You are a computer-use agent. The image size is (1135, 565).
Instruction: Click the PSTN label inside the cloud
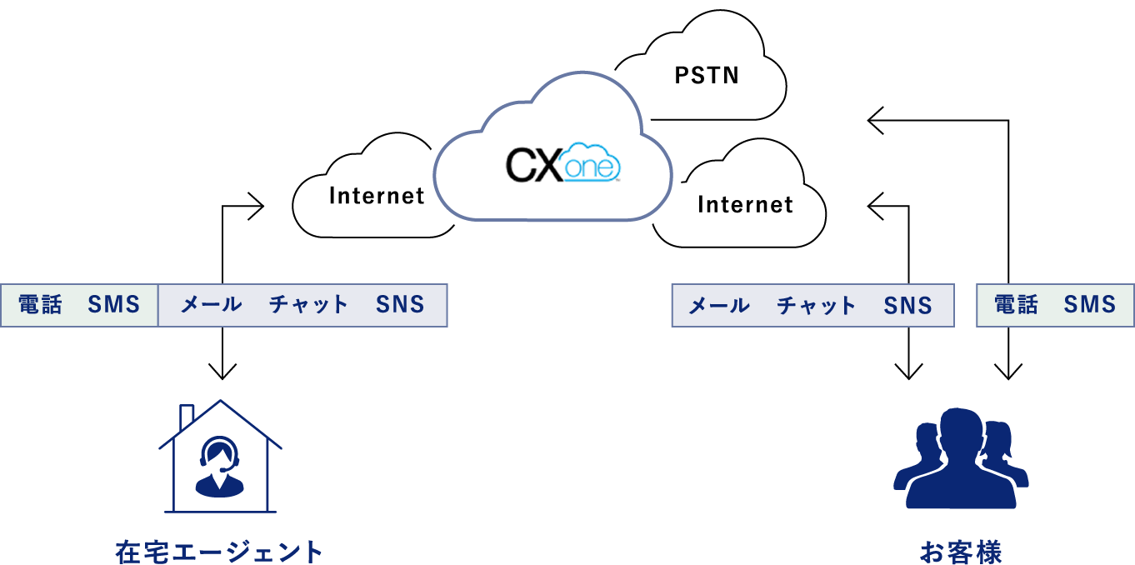[707, 76]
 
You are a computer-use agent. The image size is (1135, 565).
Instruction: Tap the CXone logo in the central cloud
[563, 163]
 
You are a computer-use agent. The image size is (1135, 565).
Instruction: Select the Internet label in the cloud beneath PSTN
[745, 205]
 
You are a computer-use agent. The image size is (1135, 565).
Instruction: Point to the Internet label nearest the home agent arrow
[377, 196]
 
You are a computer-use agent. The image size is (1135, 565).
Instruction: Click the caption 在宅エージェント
[219, 552]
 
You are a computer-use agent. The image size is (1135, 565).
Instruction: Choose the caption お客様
[961, 552]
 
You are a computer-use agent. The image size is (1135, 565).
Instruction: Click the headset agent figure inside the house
[219, 467]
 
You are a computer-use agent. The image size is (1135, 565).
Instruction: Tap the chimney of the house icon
[187, 417]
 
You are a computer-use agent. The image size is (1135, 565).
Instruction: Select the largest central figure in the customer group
[961, 458]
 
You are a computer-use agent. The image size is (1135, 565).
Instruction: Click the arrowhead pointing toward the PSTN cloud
[875, 121]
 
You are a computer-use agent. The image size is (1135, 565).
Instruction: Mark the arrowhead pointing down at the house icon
[222, 372]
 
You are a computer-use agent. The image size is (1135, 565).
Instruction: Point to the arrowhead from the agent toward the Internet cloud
[257, 206]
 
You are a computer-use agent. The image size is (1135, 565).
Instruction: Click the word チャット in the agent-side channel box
[308, 304]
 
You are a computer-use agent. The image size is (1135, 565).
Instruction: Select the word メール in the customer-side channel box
[719, 306]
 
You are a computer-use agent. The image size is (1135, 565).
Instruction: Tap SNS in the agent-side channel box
[400, 304]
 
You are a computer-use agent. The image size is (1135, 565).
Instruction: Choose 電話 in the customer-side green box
[1016, 304]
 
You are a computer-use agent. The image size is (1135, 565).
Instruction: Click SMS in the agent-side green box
[113, 304]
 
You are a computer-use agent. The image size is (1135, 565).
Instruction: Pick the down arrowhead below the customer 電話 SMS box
[1008, 372]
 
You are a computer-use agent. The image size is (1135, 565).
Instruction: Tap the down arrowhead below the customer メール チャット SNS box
[909, 372]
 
